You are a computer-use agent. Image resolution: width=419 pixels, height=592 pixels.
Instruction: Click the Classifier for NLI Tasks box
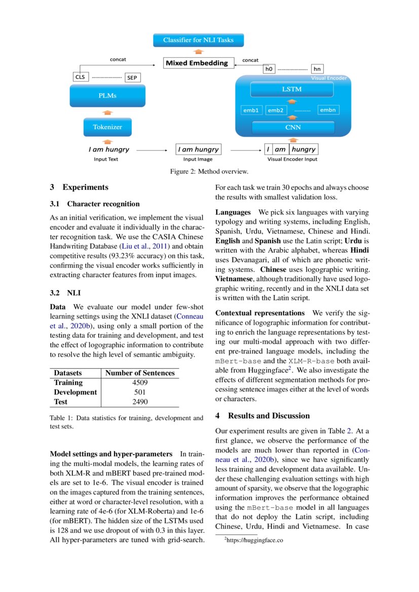(199, 40)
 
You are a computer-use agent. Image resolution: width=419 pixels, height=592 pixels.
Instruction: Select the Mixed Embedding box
(199, 63)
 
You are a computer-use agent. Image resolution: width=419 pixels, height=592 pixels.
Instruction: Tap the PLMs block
(107, 96)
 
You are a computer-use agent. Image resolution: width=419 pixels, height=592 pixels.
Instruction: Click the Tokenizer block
(107, 127)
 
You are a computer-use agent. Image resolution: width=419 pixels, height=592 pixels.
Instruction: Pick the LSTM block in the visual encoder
(292, 89)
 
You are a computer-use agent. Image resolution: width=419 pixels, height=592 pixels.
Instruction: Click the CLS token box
(81, 77)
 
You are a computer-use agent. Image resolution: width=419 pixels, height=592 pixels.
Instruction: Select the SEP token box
(133, 77)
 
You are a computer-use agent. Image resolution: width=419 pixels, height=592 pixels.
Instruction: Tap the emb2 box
(276, 110)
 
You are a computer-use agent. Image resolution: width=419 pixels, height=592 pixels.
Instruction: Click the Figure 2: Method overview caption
(209, 172)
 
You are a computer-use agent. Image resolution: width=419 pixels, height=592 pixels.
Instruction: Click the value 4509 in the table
(139, 383)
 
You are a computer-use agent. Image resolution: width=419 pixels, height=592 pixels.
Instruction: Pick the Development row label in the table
(75, 392)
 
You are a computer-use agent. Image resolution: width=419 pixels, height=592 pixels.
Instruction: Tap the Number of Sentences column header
(139, 373)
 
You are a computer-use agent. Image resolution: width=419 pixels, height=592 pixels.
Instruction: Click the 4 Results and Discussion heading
(262, 416)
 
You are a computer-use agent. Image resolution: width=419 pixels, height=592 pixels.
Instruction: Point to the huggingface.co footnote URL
(255, 540)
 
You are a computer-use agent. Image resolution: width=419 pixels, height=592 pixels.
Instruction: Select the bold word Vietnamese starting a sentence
(235, 279)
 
